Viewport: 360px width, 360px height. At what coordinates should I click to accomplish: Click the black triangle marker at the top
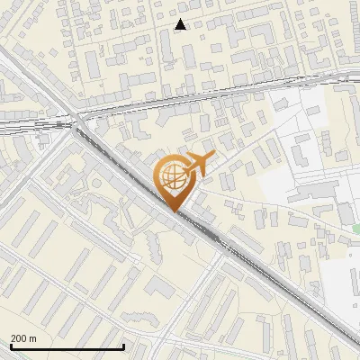[x=181, y=24]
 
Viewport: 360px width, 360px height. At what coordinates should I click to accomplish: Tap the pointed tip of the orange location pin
[x=176, y=211]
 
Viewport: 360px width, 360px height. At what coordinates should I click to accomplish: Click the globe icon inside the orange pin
[x=174, y=179]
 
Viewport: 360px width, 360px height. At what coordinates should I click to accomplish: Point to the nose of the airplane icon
[x=212, y=157]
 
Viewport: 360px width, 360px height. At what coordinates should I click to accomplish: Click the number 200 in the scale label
[x=19, y=338]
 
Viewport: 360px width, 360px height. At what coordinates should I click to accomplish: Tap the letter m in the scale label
[x=32, y=338]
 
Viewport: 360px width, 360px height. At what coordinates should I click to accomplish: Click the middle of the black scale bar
[x=67, y=346]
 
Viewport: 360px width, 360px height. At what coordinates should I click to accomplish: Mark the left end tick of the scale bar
[x=11, y=346]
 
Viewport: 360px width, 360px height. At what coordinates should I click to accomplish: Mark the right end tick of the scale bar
[x=122, y=346]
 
